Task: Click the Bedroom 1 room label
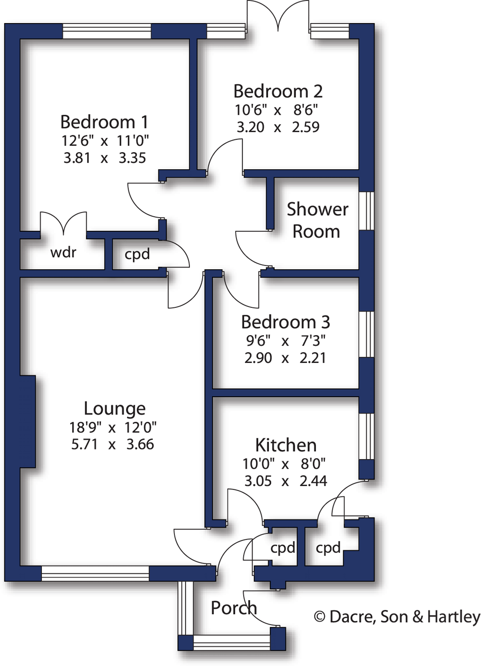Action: (x=104, y=122)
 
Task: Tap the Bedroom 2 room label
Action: (x=278, y=91)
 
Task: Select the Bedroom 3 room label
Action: (x=285, y=322)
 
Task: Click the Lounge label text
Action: (x=115, y=408)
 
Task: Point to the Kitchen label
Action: (x=286, y=445)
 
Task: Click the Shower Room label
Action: (x=317, y=220)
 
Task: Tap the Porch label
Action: (x=234, y=608)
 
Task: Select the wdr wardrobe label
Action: (x=63, y=253)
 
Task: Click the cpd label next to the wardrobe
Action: (x=137, y=254)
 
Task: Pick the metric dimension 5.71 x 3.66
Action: (x=112, y=444)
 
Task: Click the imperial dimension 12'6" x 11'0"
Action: (x=105, y=141)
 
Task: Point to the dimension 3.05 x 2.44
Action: (x=285, y=481)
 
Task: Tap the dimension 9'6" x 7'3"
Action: (x=285, y=340)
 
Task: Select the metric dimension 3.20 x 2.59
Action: (x=278, y=127)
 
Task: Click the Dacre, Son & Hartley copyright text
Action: (x=397, y=617)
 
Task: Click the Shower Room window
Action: (x=366, y=211)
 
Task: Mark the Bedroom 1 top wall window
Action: (x=107, y=31)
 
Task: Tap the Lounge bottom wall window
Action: (x=95, y=573)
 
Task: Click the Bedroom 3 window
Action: (x=366, y=334)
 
